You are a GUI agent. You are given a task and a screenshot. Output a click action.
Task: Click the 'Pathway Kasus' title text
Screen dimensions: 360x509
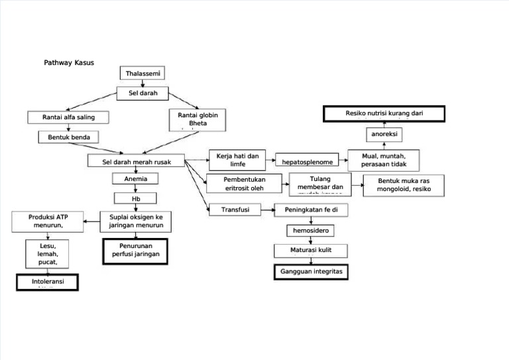pyautogui.click(x=69, y=63)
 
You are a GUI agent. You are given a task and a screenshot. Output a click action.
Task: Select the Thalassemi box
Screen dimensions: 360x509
pyautogui.click(x=142, y=73)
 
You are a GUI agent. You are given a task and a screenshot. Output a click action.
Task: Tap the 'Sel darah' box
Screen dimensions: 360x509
pyautogui.click(x=142, y=93)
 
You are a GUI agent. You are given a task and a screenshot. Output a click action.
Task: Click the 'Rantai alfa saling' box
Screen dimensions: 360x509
pyautogui.click(x=68, y=117)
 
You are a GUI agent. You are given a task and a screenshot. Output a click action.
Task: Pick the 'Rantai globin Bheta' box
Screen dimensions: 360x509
pyautogui.click(x=198, y=119)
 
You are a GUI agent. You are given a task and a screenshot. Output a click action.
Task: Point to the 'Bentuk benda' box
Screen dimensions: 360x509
pyautogui.click(x=68, y=137)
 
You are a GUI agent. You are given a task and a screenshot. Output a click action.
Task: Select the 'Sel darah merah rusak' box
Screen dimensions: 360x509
pyautogui.click(x=136, y=161)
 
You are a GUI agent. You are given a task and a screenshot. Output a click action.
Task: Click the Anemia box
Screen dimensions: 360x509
pyautogui.click(x=136, y=179)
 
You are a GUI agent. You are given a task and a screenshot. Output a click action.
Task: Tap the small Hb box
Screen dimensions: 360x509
pyautogui.click(x=136, y=198)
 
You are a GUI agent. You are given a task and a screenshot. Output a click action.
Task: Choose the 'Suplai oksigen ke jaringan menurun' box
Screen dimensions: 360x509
pyautogui.click(x=136, y=221)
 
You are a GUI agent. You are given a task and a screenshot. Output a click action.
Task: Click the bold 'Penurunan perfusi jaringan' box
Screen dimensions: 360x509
pyautogui.click(x=136, y=251)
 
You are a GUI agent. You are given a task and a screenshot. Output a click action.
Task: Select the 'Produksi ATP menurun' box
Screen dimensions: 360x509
pyautogui.click(x=48, y=221)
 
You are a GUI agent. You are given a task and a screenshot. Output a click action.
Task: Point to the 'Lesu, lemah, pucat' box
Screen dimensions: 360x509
pyautogui.click(x=48, y=255)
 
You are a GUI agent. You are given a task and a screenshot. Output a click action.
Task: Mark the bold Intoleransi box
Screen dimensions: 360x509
pyautogui.click(x=48, y=282)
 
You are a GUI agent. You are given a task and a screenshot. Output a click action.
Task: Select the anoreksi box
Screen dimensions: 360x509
pyautogui.click(x=384, y=135)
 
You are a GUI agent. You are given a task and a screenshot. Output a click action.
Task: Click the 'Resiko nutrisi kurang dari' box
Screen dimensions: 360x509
pyautogui.click(x=384, y=114)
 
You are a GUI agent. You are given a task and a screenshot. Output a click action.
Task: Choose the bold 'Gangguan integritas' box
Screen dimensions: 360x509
pyautogui.click(x=310, y=272)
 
